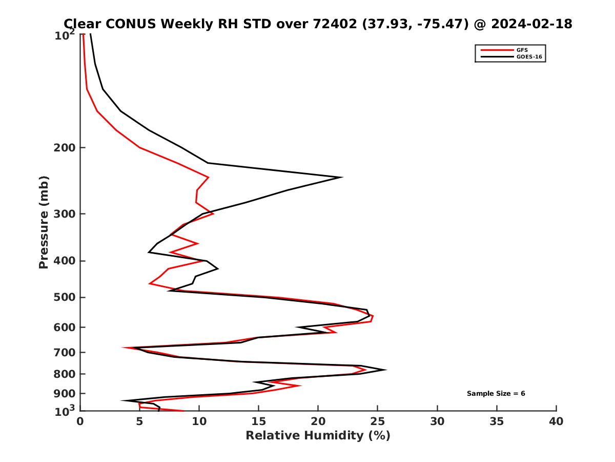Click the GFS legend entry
[522, 50]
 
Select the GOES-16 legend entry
[528, 57]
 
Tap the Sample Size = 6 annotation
[496, 394]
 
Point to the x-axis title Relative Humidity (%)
[318, 436]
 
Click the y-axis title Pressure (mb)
[44, 222]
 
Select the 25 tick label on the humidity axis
[378, 421]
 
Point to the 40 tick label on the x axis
[556, 421]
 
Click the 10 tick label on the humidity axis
[199, 421]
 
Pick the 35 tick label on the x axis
[497, 421]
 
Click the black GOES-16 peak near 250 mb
[341, 177]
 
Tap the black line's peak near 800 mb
[385, 370]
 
